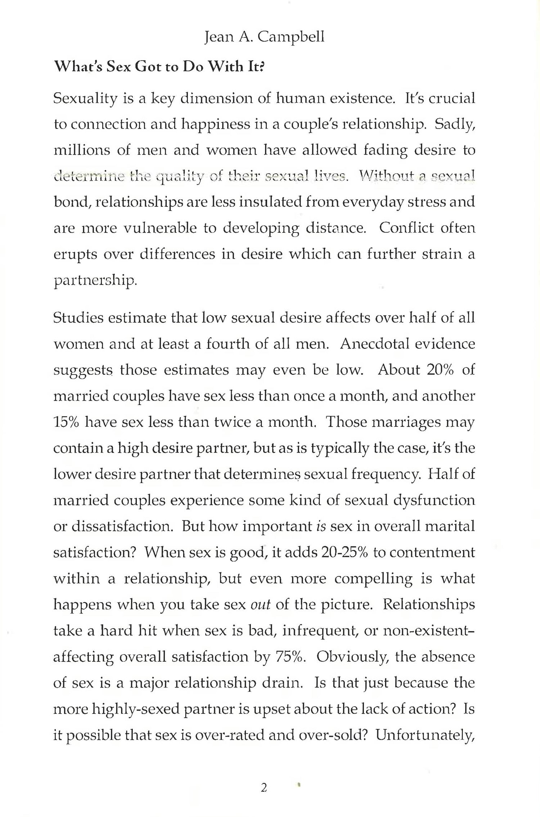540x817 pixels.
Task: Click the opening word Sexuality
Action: (x=85, y=99)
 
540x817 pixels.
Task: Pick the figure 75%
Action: (x=291, y=657)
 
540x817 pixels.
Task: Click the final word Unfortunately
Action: (x=425, y=735)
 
